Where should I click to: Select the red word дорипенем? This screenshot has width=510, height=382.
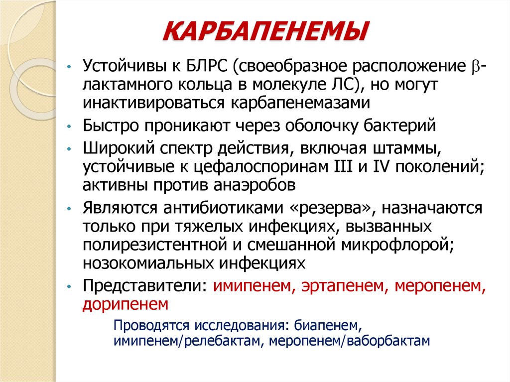click(x=126, y=303)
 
